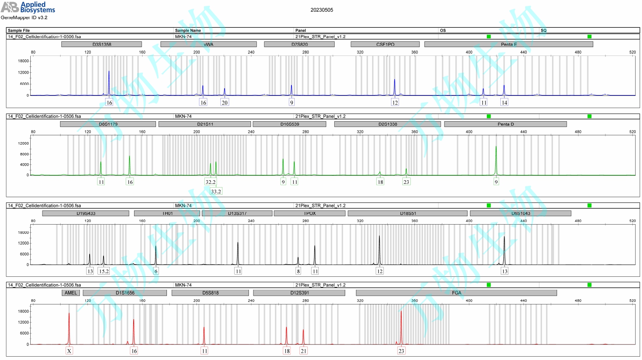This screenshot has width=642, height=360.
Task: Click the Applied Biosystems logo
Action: pos(28,7)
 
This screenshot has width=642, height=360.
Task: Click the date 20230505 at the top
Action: pos(322,10)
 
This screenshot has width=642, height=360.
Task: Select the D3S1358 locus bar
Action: pos(101,44)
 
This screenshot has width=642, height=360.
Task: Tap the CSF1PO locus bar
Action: pos(385,44)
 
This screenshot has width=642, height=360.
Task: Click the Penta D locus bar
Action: pos(505,124)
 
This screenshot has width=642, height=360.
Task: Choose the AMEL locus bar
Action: pos(71,293)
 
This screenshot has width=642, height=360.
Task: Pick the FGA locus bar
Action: pos(456,293)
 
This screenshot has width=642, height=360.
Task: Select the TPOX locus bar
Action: pos(309,213)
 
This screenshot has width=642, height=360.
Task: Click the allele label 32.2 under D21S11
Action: pos(211,182)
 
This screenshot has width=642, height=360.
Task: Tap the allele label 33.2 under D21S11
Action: pos(216,191)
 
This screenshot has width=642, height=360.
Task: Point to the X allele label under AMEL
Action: pos(69,351)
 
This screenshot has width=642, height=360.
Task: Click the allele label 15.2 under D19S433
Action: pos(103,271)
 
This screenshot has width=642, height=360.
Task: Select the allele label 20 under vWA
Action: pos(225,103)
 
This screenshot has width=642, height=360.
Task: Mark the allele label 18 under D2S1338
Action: pos(380,182)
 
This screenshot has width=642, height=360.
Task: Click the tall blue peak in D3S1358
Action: pos(109,82)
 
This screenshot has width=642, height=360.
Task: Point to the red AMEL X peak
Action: pos(69,328)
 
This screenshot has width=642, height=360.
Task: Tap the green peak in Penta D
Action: pos(496,160)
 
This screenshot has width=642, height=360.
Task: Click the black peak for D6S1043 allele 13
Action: pos(504,250)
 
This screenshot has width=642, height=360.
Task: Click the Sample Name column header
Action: pos(188,30)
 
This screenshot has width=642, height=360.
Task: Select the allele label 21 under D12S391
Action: pos(304,351)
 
